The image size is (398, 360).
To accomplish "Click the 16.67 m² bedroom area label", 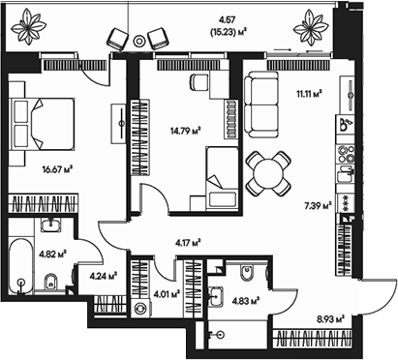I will pyautogui.click(x=59, y=167).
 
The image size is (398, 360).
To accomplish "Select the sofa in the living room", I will pyautogui.click(x=260, y=96).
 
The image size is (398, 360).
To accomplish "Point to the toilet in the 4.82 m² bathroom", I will pyautogui.click(x=54, y=283).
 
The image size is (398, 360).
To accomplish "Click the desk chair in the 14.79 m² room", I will pyautogui.click(x=202, y=82).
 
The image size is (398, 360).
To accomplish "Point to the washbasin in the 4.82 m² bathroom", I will pyautogui.click(x=51, y=227).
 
